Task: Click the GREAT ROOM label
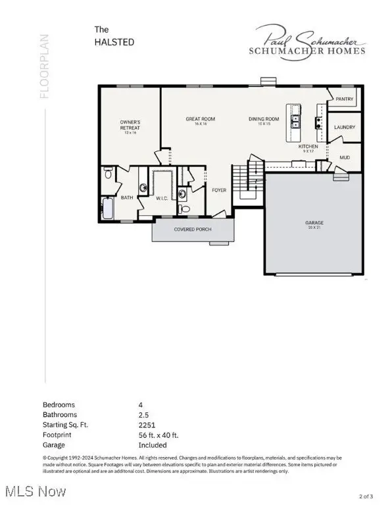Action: (200, 119)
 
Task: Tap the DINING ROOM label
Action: (264, 119)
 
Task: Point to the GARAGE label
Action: (314, 222)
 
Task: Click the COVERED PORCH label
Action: (192, 229)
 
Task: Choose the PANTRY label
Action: (345, 99)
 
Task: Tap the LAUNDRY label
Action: (345, 127)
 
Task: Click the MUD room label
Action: (344, 158)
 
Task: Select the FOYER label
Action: (218, 190)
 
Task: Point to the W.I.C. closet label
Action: (162, 197)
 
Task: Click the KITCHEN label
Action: (308, 147)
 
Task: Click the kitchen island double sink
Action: (297, 121)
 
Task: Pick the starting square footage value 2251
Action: (148, 425)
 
